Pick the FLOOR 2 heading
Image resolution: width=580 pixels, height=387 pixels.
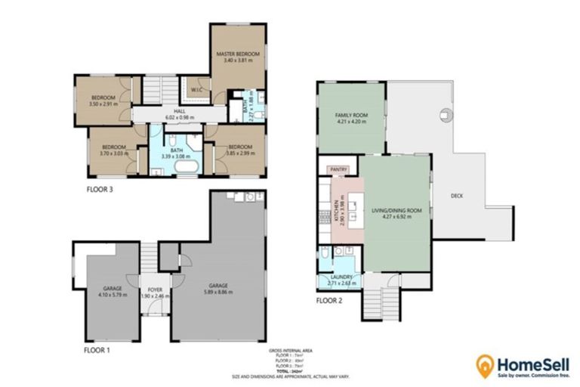[x=329, y=301]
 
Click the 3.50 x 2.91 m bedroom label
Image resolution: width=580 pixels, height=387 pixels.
[x=103, y=101]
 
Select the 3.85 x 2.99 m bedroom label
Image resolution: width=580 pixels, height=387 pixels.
[x=239, y=149]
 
